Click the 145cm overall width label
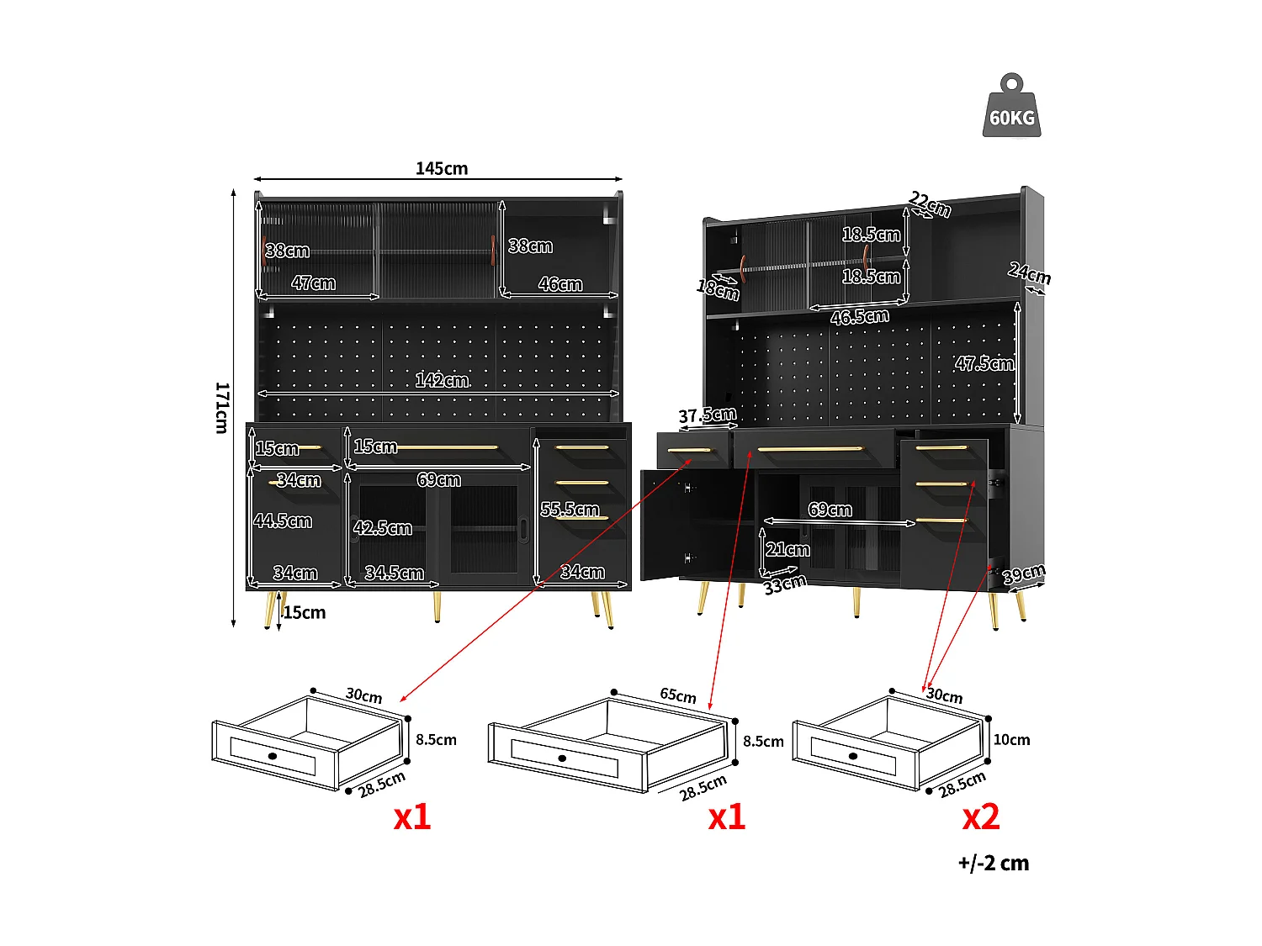441,168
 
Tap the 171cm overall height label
221,407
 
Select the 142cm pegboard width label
441,380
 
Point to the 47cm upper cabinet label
313,283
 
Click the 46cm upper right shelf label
559,284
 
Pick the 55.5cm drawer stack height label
570,510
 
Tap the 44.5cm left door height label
283,521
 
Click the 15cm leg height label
304,612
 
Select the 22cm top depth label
930,203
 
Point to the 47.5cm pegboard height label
984,363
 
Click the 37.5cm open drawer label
707,415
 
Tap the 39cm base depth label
1023,573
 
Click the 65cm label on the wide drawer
677,695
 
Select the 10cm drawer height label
1011,740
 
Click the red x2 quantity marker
981,817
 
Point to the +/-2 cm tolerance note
993,864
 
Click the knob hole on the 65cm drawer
563,758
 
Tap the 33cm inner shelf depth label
784,584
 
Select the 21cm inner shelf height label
787,550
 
